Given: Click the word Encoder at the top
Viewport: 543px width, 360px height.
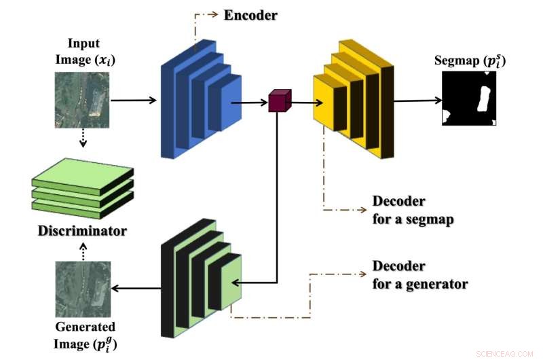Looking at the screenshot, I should (x=250, y=14).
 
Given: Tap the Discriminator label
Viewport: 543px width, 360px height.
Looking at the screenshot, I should (x=82, y=231).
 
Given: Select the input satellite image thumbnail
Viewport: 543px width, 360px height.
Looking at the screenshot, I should (x=81, y=100).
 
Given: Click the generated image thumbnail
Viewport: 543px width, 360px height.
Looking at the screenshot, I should (x=81, y=288).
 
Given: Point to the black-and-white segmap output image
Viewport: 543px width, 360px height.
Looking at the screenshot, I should (x=469, y=99).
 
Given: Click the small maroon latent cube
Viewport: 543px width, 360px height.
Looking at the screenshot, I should (x=279, y=101).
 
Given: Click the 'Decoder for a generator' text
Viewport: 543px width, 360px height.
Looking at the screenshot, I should (x=419, y=274).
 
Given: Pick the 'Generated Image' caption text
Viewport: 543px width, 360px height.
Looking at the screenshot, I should (x=85, y=334).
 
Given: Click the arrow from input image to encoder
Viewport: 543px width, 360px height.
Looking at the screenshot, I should (x=134, y=101).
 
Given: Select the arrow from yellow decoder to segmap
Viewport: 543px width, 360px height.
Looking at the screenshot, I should (x=416, y=101).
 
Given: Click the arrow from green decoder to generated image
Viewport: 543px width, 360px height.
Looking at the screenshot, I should (x=136, y=289).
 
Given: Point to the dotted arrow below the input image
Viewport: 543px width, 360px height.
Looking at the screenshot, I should (x=81, y=140).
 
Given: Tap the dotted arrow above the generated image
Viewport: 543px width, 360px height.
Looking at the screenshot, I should (x=81, y=253).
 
